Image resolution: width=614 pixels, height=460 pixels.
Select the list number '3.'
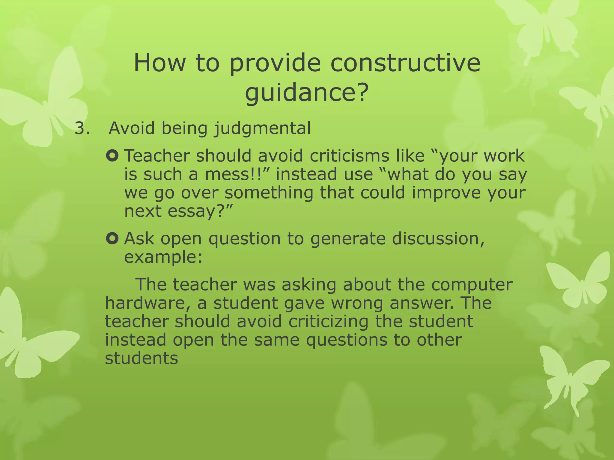tap(82, 128)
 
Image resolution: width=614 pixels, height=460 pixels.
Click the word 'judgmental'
tap(262, 129)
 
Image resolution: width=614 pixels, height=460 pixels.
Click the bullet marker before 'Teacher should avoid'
tap(112, 156)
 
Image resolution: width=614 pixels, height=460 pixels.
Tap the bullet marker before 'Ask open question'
tap(112, 239)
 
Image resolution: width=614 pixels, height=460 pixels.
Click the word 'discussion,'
tap(438, 239)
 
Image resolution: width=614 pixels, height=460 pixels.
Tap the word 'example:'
tap(163, 257)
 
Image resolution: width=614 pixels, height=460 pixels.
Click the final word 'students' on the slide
tap(142, 358)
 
